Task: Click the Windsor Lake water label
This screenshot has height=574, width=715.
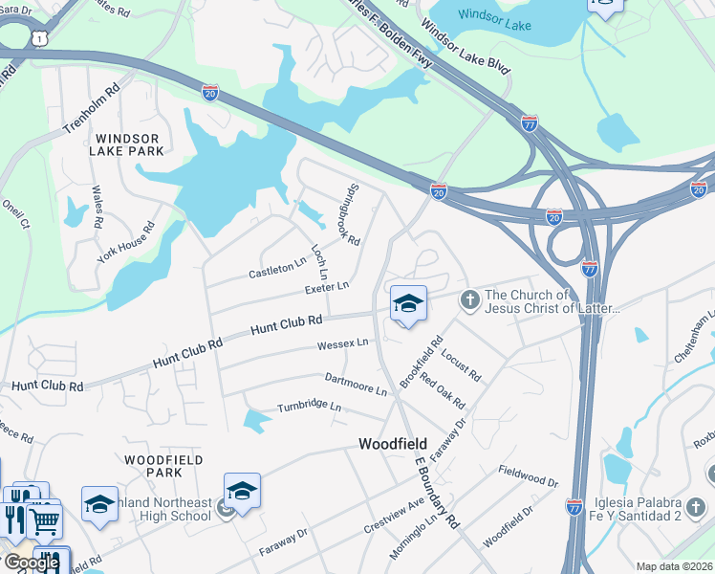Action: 495,14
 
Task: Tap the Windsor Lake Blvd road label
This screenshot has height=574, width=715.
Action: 465,49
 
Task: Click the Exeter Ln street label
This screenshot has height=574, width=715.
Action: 327,287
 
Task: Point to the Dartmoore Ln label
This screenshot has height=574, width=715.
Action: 355,385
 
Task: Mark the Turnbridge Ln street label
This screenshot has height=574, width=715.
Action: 309,407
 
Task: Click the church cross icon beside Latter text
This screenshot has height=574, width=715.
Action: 469,300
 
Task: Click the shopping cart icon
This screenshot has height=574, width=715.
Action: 43,520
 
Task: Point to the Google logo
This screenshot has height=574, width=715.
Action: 31,562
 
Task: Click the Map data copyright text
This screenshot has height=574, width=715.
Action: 675,566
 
